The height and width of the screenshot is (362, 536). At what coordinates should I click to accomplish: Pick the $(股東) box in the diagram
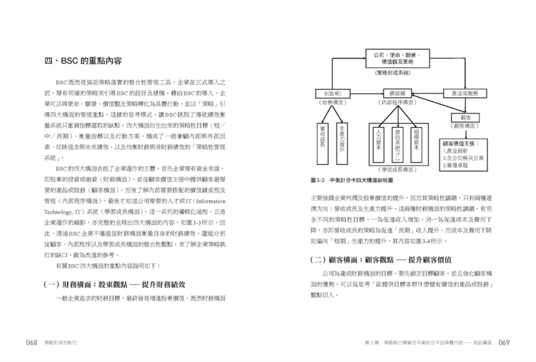coord(332,94)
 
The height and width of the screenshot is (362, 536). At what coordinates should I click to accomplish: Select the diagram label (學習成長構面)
coord(398,170)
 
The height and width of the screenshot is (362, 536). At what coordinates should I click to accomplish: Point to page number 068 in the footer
coord(31,342)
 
